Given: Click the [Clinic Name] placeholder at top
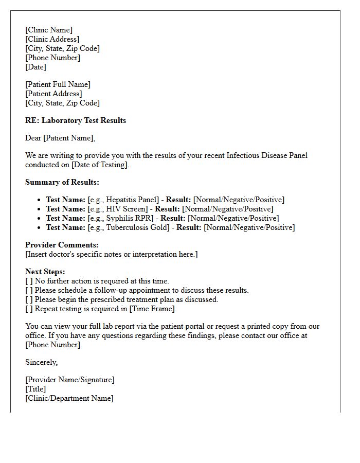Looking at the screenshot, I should click(49, 30).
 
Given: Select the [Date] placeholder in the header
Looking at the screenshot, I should click(35, 67).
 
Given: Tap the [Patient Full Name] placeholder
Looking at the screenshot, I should click(58, 84).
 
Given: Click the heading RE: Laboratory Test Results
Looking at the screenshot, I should click(76, 120).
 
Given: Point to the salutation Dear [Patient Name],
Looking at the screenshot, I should click(60, 138).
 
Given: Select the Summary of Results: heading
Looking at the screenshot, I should click(62, 182).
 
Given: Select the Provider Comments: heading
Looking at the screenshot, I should click(62, 245).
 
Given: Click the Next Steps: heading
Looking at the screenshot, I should click(45, 272).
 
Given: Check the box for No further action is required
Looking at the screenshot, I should click(29, 281).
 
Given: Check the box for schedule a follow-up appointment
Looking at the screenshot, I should click(29, 290).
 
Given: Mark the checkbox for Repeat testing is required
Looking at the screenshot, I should click(29, 309).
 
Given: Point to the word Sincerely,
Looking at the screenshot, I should click(42, 362).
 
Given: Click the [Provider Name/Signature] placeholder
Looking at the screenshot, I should click(70, 380).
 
